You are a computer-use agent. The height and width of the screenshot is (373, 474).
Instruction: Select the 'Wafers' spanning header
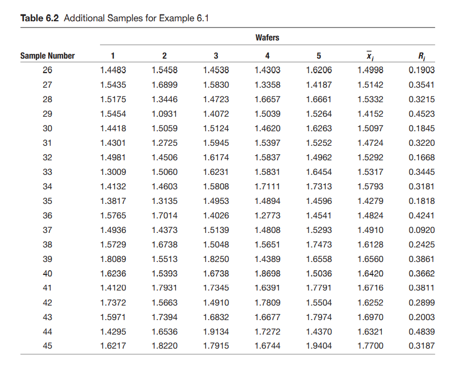point(267,37)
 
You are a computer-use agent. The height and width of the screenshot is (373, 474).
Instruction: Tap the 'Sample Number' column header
point(48,56)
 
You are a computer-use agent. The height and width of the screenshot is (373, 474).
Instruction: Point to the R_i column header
point(422,56)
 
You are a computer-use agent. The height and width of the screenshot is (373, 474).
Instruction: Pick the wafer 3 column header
point(216,56)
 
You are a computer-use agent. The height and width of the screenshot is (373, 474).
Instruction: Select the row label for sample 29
point(48,114)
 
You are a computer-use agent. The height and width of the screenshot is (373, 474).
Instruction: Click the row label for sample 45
point(48,346)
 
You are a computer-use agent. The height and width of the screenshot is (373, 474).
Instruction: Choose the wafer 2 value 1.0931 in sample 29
point(165,114)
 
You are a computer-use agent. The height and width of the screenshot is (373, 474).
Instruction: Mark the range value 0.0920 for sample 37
point(422,230)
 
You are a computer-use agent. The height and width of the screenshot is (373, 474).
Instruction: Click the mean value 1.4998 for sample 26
point(370,71)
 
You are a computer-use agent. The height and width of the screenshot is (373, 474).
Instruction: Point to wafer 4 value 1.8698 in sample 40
point(268,273)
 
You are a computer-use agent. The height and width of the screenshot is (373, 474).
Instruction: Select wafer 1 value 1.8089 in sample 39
point(113,259)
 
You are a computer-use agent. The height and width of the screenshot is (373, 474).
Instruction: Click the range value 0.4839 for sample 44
point(422,331)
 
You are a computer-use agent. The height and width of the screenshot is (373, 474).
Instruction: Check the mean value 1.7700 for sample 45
point(370,346)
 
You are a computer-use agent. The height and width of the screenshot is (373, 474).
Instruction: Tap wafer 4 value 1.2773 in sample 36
point(268,215)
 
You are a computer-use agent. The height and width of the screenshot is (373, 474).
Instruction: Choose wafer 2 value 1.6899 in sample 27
point(165,85)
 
